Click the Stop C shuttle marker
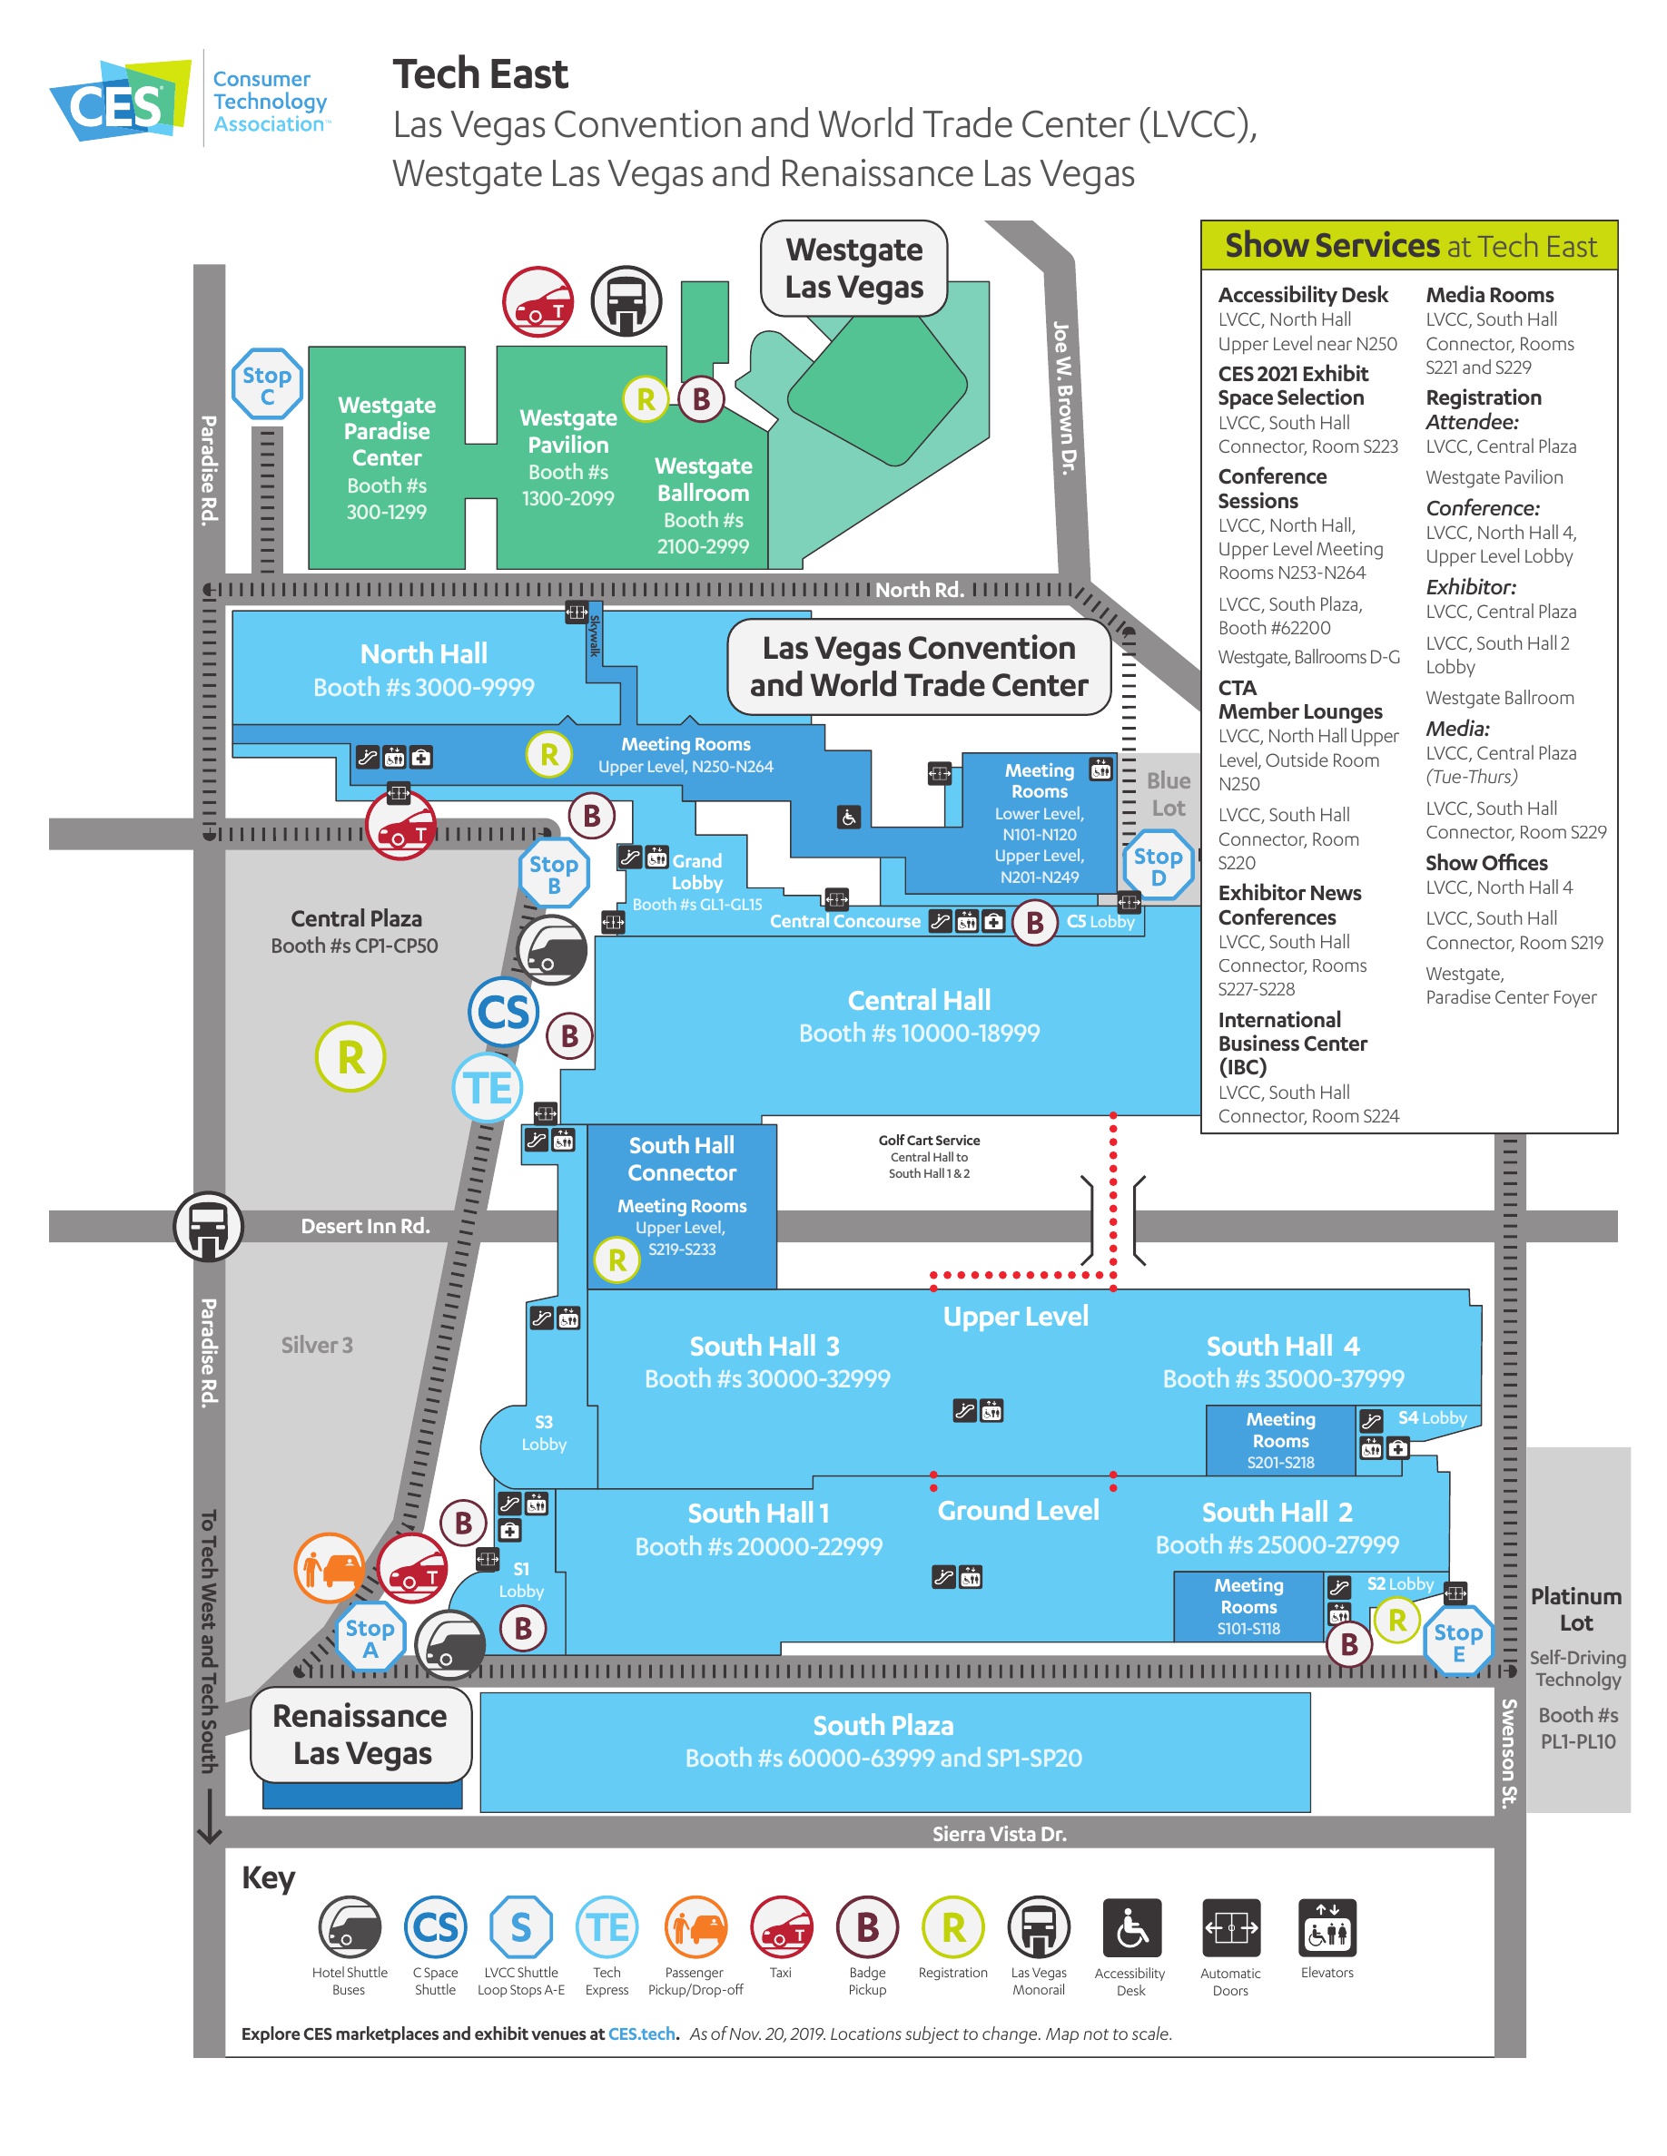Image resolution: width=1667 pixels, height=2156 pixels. (x=267, y=384)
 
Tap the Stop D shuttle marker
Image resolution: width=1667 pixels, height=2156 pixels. (x=1158, y=866)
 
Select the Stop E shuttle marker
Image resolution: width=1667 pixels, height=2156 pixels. (x=1457, y=1641)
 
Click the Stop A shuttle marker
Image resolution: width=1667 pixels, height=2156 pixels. (x=370, y=1638)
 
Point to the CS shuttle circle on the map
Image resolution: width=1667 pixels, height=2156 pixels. (x=504, y=1012)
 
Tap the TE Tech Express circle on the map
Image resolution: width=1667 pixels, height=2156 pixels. (x=488, y=1088)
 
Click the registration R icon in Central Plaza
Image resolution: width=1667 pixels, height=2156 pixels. (x=350, y=1056)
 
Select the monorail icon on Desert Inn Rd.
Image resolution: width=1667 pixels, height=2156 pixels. (x=209, y=1226)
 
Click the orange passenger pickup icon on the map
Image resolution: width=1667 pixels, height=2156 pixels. (x=330, y=1567)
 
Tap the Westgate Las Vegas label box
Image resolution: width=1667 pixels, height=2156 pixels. (x=853, y=268)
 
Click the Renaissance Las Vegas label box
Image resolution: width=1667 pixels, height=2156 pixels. (x=360, y=1734)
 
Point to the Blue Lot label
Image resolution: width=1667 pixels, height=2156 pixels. (x=1169, y=794)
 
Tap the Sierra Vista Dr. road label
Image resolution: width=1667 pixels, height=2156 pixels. (x=999, y=1834)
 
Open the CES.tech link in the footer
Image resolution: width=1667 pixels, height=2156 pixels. (x=642, y=2033)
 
